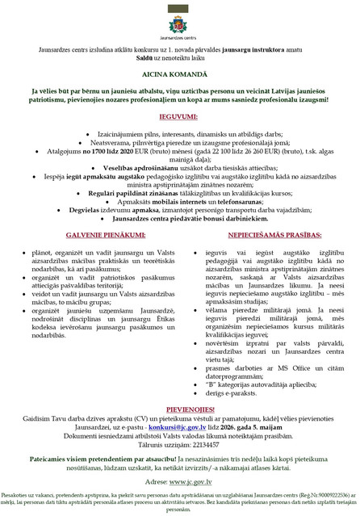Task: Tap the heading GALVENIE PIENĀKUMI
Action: click(x=91, y=235)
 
